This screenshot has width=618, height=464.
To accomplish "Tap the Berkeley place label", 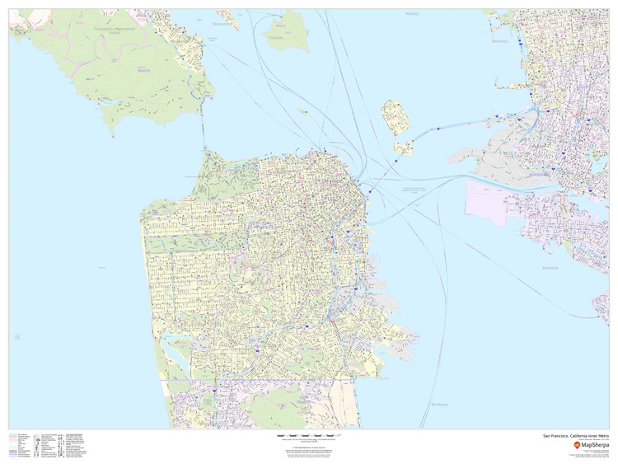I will click(x=500, y=40).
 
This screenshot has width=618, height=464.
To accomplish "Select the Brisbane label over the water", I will click(x=438, y=405).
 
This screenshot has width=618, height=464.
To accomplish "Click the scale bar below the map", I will click(x=308, y=435).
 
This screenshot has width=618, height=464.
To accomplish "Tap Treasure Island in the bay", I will click(x=396, y=118).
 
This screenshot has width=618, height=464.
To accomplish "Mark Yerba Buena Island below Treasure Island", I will click(x=403, y=148).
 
